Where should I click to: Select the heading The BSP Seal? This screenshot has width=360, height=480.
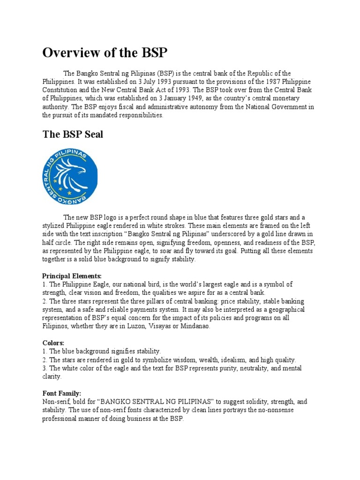(73, 135)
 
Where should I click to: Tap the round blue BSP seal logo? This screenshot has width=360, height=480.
(70, 175)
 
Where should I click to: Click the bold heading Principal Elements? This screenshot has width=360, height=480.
(72, 276)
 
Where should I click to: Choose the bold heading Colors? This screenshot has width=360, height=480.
(53, 343)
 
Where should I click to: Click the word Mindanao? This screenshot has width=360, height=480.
(195, 326)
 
